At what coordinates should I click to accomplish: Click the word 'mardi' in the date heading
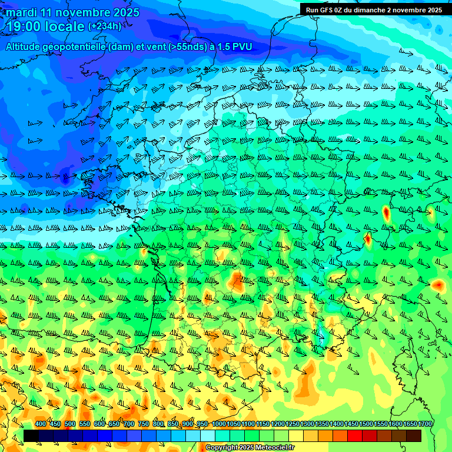coord(22,13)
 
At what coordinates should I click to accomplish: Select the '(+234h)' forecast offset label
coord(105,26)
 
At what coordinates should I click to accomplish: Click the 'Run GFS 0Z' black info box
coord(374,9)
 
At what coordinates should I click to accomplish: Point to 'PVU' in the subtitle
coord(243,47)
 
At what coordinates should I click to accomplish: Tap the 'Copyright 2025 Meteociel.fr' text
coord(250,448)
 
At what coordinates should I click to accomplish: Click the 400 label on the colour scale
coord(41,424)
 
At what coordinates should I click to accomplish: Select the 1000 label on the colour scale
coord(218,424)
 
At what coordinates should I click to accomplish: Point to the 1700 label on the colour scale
coord(425,424)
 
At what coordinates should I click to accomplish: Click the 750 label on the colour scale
coord(144,424)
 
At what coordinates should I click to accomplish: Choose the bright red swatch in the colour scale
coord(355,436)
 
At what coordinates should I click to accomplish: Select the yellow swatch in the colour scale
coord(296,436)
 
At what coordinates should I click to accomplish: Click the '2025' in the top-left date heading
coord(125,13)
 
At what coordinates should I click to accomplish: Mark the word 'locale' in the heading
coord(64,26)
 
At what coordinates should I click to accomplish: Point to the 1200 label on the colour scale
coord(278,424)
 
